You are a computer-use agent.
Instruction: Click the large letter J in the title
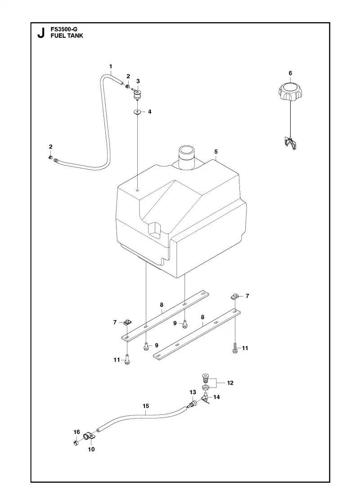(x=41, y=33)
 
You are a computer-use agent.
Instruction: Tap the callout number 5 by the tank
(x=216, y=151)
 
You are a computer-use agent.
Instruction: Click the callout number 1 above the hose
(x=111, y=67)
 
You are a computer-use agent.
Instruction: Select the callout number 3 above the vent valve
(x=138, y=81)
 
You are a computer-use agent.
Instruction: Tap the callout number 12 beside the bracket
(x=230, y=383)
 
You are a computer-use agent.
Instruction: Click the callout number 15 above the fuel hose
(x=146, y=406)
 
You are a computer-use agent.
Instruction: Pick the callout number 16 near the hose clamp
(x=76, y=432)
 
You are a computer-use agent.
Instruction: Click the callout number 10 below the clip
(x=91, y=450)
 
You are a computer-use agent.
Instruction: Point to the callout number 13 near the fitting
(x=193, y=392)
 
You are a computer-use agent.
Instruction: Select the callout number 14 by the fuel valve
(x=216, y=397)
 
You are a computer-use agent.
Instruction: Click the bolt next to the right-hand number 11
(x=235, y=349)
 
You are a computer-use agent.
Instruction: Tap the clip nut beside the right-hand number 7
(x=234, y=296)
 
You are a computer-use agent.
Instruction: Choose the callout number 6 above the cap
(x=290, y=73)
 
